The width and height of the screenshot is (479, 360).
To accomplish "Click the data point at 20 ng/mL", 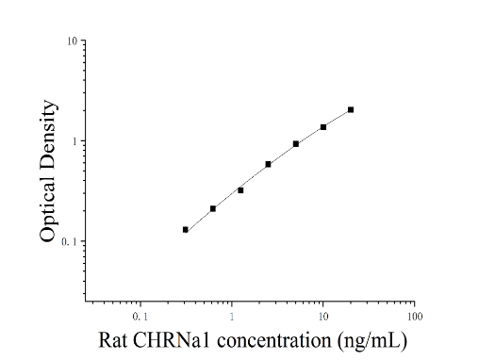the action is coord(351,109).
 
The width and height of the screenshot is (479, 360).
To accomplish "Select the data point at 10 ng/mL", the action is coord(323,127).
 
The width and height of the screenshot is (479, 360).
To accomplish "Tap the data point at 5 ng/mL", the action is coord(296,144).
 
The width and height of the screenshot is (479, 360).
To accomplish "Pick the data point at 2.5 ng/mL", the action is coord(268,164).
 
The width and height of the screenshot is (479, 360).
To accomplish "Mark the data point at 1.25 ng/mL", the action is coord(240,190).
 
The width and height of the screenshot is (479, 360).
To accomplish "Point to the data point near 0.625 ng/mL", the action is coord(213,208).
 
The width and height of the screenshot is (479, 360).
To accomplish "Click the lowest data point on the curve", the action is coord(186,230).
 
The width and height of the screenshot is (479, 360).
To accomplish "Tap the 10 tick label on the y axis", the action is coord(72,41).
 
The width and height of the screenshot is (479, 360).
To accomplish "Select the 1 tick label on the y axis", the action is coord(74,141).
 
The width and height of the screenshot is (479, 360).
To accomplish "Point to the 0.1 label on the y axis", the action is coord(69,241).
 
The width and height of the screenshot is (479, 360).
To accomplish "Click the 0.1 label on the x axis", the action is coord(140,317).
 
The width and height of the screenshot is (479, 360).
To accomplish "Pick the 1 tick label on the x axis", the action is coord(232,317).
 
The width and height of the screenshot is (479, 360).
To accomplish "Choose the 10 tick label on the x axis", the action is coord(323,317).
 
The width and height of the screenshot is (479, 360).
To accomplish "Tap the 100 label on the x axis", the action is coord(415,317).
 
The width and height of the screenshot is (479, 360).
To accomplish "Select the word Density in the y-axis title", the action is coord(48,134).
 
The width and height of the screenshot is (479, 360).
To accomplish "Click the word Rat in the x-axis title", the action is coord(113,340).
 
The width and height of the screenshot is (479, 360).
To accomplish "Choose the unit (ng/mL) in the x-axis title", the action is coord(372,341).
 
